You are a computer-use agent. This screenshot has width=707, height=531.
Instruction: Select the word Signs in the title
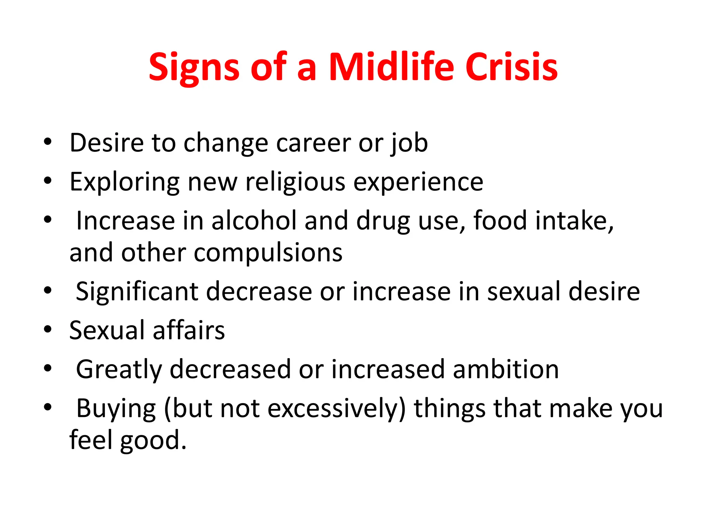194,67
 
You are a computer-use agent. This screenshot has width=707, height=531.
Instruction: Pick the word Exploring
124,182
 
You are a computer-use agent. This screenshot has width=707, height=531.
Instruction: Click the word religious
295,182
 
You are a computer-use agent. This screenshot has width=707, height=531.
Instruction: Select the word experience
418,182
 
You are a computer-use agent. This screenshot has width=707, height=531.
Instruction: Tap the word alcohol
254,221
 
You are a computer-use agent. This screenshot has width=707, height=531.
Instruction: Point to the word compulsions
268,253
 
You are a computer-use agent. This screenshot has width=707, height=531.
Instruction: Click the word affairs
188,330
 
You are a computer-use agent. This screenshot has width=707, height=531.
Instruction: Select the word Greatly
119,370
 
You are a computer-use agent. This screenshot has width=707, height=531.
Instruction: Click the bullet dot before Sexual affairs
48,329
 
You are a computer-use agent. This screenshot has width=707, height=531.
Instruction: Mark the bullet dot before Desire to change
48,141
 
